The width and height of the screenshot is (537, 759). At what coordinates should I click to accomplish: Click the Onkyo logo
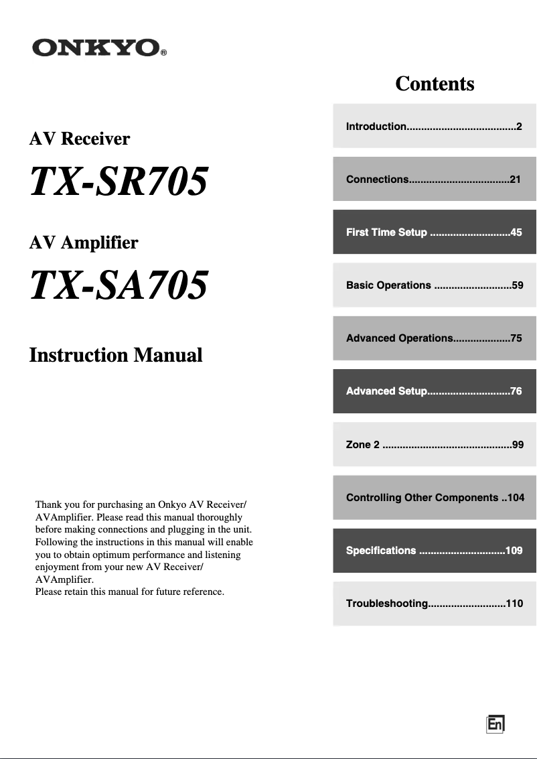(98, 48)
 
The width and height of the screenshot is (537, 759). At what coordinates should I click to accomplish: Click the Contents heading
(435, 84)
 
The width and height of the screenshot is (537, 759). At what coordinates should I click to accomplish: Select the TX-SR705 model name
(119, 182)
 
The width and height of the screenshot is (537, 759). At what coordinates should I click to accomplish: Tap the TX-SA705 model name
(119, 285)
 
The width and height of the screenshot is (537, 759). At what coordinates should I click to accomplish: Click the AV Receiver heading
(80, 139)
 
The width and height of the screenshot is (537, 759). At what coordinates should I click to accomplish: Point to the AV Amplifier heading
(84, 242)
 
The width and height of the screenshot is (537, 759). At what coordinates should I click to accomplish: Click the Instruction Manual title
(116, 355)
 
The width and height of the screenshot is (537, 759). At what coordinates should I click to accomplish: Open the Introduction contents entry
(434, 126)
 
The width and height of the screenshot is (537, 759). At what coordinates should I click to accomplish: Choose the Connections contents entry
(434, 179)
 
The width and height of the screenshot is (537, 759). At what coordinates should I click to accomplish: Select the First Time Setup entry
(434, 232)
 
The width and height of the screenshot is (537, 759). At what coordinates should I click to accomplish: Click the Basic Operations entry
(434, 285)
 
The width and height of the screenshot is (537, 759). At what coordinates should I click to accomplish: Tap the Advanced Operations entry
(434, 338)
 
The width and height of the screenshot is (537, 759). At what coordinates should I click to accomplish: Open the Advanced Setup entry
(434, 391)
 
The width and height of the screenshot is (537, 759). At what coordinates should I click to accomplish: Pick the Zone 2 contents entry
(434, 444)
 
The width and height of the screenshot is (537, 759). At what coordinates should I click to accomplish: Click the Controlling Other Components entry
(434, 498)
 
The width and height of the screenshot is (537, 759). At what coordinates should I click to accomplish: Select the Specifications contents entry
(434, 551)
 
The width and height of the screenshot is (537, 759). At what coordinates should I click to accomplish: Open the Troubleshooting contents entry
(434, 604)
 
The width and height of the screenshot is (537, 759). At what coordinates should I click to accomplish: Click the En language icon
(495, 724)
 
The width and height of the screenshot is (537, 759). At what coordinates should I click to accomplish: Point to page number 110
(514, 604)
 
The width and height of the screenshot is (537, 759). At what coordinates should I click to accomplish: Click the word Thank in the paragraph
(48, 504)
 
